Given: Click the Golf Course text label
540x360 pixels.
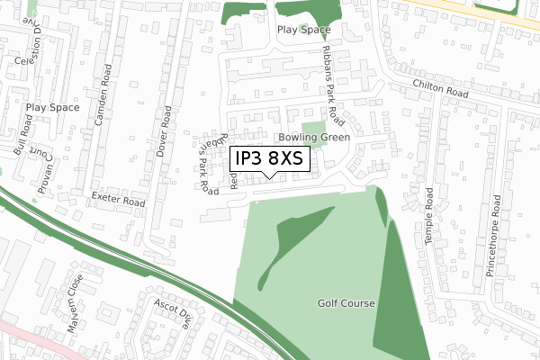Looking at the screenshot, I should click(x=346, y=304).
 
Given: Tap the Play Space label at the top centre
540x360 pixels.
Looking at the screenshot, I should click(x=303, y=30).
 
